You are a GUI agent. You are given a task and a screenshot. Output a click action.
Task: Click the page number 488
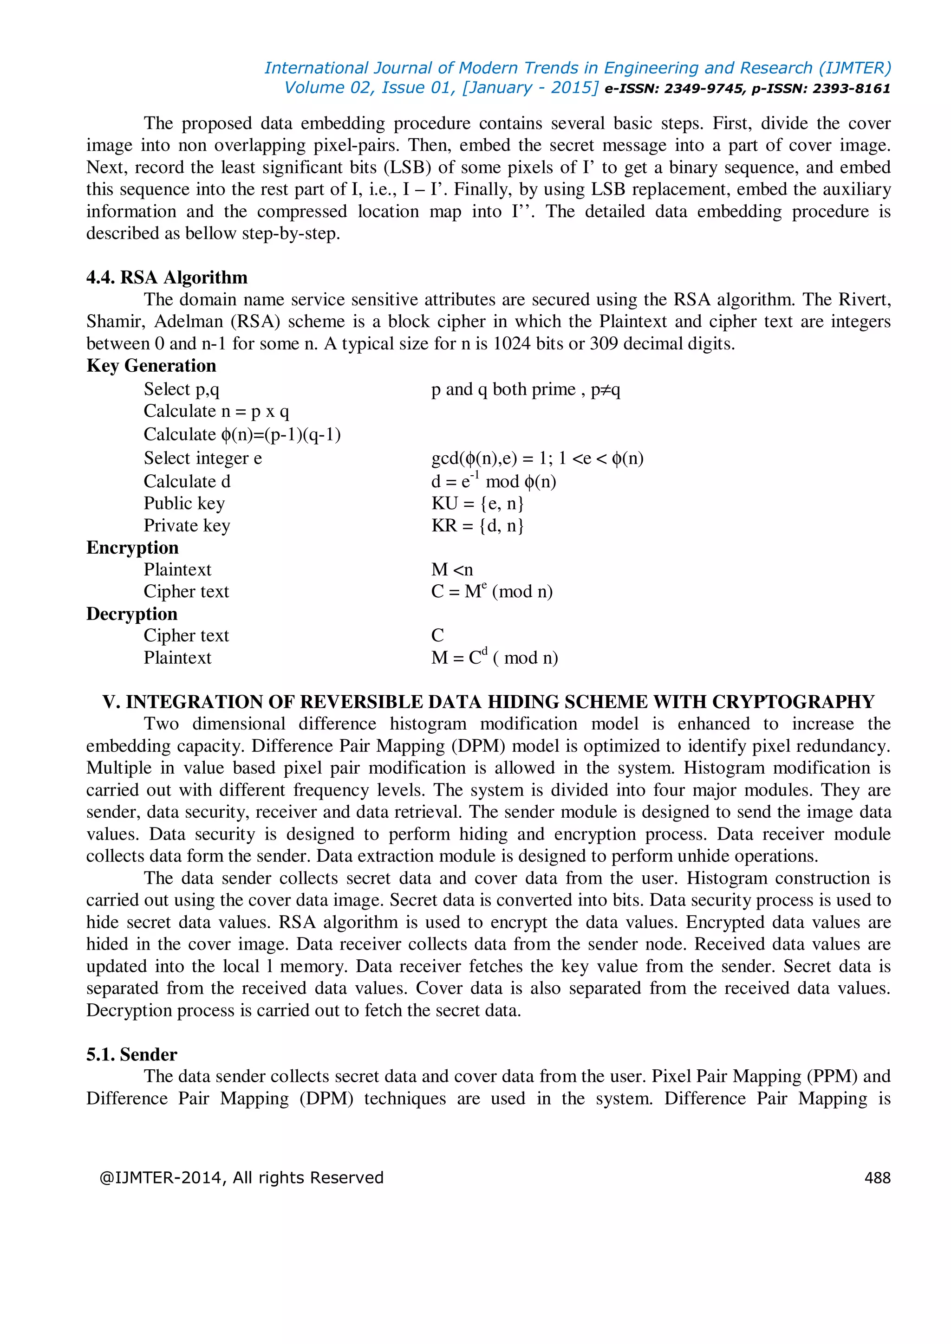(877, 1177)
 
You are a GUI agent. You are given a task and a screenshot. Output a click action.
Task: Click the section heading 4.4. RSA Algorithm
(167, 278)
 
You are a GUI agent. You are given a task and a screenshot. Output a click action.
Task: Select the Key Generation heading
(151, 366)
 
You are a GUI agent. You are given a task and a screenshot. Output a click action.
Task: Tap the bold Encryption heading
(132, 548)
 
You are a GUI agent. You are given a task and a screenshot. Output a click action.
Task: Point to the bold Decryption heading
(132, 614)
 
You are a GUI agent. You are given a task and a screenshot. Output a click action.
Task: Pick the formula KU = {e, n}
(477, 504)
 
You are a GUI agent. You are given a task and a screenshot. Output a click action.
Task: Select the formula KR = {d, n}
(477, 526)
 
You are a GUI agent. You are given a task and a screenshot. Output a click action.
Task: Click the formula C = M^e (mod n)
(492, 592)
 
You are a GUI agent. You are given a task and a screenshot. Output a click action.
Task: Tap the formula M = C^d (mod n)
(494, 658)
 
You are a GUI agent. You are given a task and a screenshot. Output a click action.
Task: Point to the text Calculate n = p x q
(216, 412)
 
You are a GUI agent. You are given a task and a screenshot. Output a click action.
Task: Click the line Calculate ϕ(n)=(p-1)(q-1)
(242, 435)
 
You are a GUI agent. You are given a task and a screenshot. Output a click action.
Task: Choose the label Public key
(184, 504)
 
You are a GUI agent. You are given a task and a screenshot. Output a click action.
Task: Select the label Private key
(187, 526)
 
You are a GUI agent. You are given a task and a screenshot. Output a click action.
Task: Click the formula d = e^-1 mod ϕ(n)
(494, 482)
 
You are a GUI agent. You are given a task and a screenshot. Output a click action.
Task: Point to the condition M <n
(451, 569)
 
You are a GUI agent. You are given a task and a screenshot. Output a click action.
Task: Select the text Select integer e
(202, 459)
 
